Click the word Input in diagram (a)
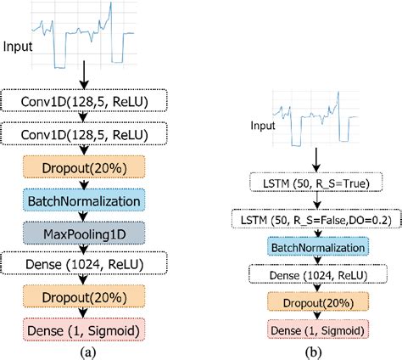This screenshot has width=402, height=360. (19, 43)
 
